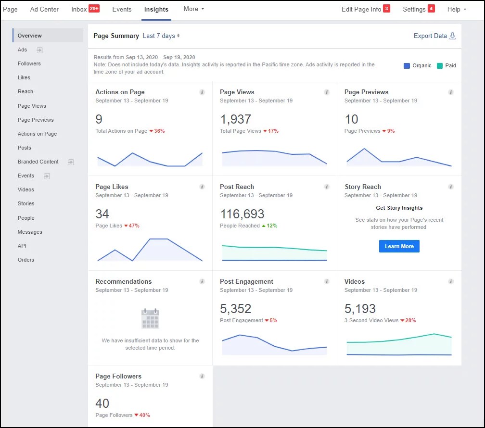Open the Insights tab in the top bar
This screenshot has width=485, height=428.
[x=156, y=9]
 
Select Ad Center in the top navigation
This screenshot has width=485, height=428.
[x=44, y=9]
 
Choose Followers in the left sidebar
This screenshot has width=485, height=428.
[x=29, y=63]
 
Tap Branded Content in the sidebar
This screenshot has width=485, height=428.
[x=38, y=162]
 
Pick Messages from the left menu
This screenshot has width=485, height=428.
[x=30, y=232]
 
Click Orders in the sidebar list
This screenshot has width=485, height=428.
[x=26, y=260]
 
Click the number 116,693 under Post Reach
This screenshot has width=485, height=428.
[x=242, y=214]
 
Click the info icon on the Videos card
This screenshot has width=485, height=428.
[x=451, y=282]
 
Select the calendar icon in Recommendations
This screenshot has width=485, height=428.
[x=150, y=319]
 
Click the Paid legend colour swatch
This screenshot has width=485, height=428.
[x=440, y=65]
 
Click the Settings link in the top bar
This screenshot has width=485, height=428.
[x=414, y=9]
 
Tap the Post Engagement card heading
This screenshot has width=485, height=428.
[x=246, y=282]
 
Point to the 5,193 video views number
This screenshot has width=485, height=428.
[x=360, y=309]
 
